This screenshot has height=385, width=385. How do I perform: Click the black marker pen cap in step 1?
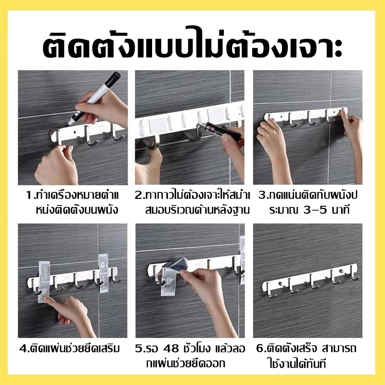[114, 77]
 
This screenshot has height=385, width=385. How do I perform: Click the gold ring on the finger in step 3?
[266, 127]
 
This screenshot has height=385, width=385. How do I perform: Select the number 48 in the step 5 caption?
[171, 348]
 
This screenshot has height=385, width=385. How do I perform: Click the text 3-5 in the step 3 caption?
[315, 210]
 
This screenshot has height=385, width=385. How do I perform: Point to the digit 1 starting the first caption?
[29, 195]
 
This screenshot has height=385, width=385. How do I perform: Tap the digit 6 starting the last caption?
[260, 348]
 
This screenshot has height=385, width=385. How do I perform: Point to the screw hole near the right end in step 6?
[341, 271]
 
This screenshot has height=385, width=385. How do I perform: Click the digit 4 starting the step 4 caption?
[23, 348]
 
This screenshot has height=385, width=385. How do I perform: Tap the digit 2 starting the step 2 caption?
[138, 195]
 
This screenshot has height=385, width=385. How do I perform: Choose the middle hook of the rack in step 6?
[313, 282]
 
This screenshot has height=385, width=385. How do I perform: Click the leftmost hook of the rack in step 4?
[35, 287]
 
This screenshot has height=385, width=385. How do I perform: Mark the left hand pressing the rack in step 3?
[272, 150]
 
